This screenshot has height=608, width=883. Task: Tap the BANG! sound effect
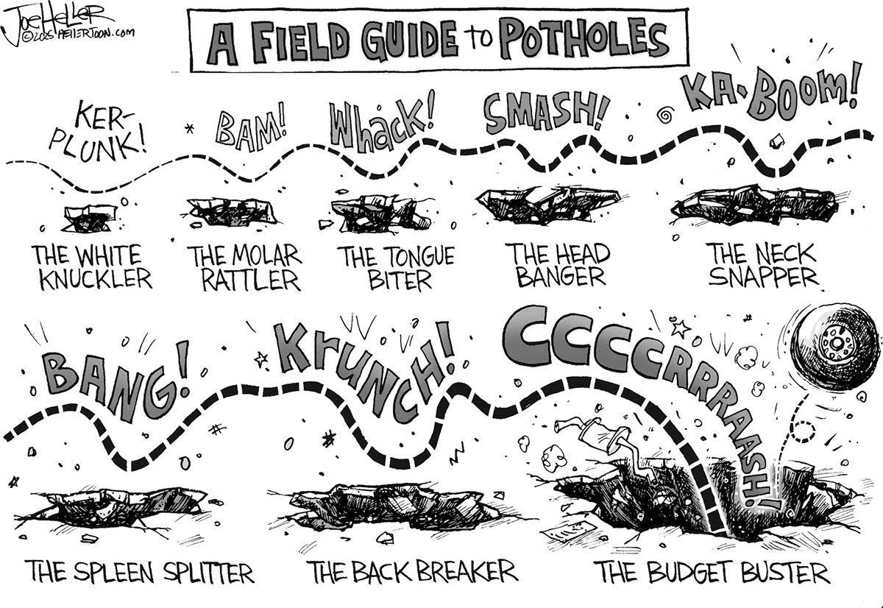pyautogui.click(x=114, y=383)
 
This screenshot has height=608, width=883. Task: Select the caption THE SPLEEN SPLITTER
pyautogui.click(x=139, y=571)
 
